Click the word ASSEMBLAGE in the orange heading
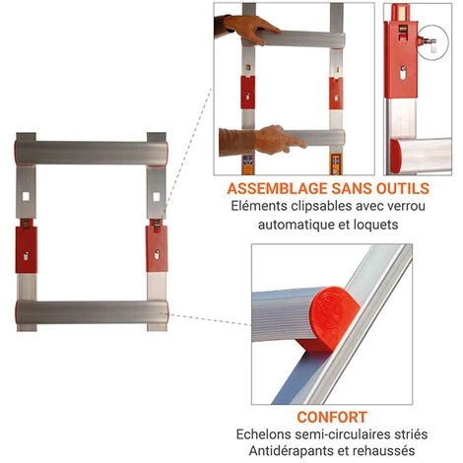[277, 188]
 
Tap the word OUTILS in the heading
[403, 188]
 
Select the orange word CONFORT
[332, 417]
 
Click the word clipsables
[318, 206]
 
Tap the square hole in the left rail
[26, 196]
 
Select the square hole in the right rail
[157, 197]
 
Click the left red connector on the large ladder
[27, 247]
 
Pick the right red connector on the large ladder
[157, 246]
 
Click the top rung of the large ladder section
[92, 153]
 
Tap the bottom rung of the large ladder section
[92, 311]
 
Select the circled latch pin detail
[432, 42]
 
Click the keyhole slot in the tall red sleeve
[403, 73]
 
